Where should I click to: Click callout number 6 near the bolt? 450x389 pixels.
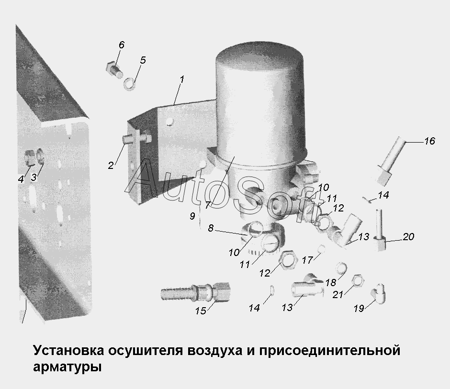(122, 45)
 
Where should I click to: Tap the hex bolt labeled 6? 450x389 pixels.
(114, 69)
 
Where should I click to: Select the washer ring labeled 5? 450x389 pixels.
(129, 84)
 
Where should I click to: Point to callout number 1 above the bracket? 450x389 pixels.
(181, 80)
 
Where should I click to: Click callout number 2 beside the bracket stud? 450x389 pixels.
(111, 166)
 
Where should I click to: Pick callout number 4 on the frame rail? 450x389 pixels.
(21, 179)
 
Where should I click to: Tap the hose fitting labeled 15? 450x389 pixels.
(195, 291)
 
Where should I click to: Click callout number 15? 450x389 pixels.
(201, 311)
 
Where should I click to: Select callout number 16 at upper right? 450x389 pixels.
(429, 141)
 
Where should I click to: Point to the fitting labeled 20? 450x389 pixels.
(380, 230)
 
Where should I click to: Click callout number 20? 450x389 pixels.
(408, 237)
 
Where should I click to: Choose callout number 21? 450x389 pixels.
(338, 294)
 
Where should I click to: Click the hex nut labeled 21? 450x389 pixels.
(358, 280)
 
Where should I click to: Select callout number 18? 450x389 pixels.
(331, 283)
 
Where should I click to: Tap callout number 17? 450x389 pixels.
(307, 260)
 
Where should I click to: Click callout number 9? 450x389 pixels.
(192, 216)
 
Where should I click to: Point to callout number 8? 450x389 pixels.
(211, 228)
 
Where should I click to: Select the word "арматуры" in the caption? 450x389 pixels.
(67, 367)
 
